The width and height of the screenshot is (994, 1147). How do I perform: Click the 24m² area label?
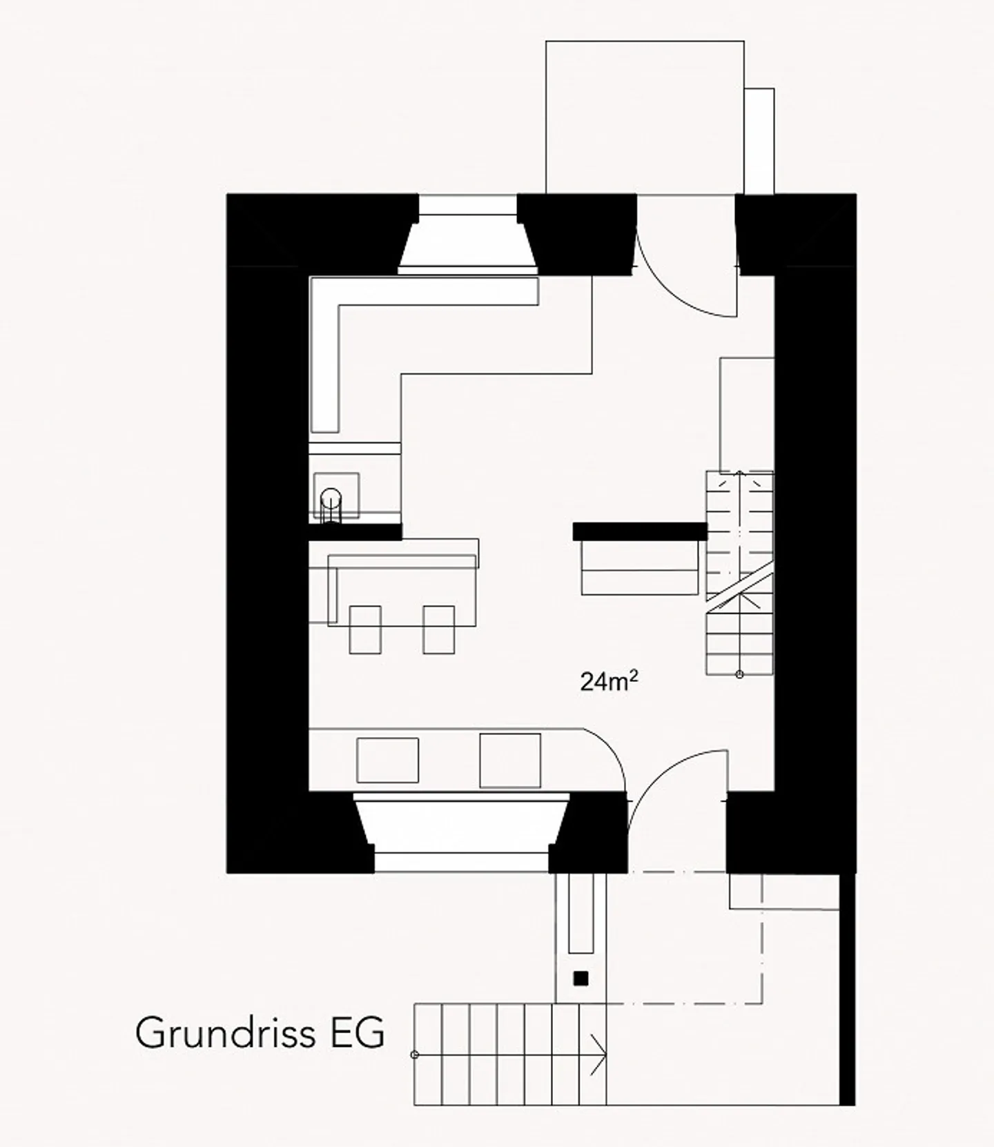pos(609,681)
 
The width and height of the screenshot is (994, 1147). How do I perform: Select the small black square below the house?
pos(581,978)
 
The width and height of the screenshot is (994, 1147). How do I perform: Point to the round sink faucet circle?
pos(331,497)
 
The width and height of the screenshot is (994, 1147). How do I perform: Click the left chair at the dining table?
pos(365,629)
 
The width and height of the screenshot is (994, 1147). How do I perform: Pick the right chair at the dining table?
pos(438,629)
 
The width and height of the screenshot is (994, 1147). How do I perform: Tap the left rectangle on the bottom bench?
pos(387,760)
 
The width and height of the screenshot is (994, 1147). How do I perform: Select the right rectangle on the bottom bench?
pos(510,760)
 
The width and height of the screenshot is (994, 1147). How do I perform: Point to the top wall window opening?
pos(468,235)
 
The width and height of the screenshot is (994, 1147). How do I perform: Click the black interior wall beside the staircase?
pos(640,531)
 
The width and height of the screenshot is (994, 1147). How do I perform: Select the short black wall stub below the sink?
pos(355,531)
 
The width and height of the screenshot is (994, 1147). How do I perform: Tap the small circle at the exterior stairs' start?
pos(415,1055)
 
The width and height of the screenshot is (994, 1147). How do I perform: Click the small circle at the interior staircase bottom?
pos(739,674)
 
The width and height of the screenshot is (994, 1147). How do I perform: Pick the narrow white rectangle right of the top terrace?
pos(759,141)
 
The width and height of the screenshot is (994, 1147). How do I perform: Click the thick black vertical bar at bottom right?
pos(847,988)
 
